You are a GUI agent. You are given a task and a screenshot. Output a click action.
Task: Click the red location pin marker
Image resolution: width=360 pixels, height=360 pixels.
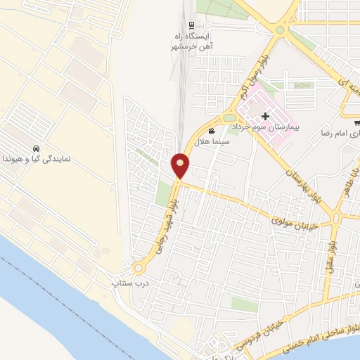pos(180,165)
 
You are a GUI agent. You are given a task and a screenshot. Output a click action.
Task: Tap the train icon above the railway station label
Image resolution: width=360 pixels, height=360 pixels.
pos(191,25)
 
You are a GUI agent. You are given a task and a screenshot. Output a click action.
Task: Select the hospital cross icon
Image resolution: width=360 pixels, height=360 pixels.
pos(265,116)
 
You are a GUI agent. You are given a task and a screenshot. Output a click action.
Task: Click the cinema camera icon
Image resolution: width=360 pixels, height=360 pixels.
pos(211,131)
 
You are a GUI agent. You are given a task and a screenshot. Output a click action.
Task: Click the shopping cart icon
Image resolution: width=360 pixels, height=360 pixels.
pos(357,122)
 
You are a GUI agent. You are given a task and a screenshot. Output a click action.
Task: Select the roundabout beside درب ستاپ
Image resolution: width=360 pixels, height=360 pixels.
pos(138,268)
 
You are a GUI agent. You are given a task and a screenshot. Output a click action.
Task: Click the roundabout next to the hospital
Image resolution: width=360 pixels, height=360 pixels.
pos(230,117)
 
